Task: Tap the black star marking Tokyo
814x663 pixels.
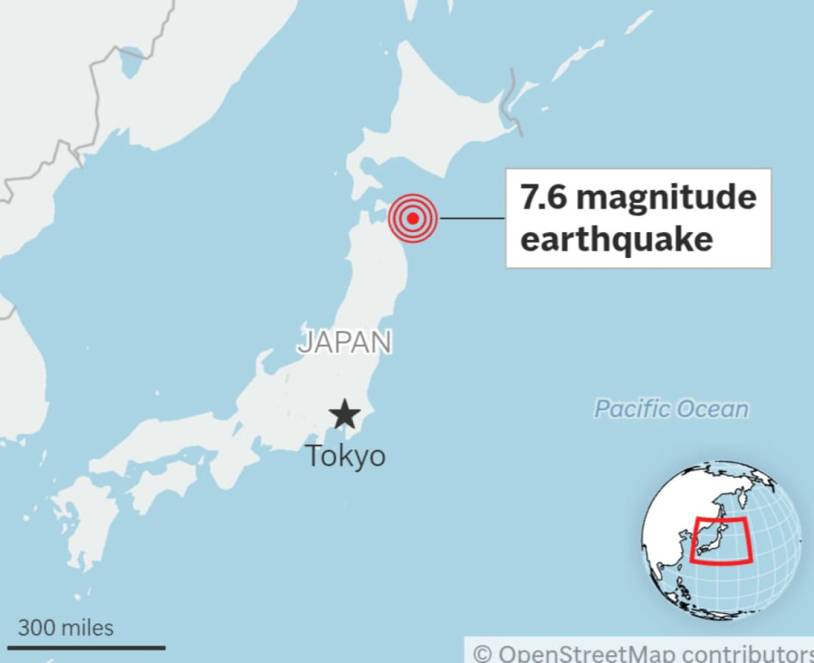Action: click(345, 414)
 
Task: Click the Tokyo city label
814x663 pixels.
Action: click(345, 455)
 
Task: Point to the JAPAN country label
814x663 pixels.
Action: click(345, 342)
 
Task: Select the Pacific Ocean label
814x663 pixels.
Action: click(671, 409)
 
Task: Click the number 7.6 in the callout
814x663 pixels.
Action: click(544, 197)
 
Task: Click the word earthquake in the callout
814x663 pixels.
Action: click(616, 238)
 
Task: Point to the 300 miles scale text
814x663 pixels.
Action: click(66, 628)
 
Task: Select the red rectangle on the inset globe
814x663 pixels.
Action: click(721, 540)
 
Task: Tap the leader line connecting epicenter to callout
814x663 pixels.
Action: click(471, 218)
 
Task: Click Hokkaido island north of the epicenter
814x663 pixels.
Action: click(426, 118)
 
